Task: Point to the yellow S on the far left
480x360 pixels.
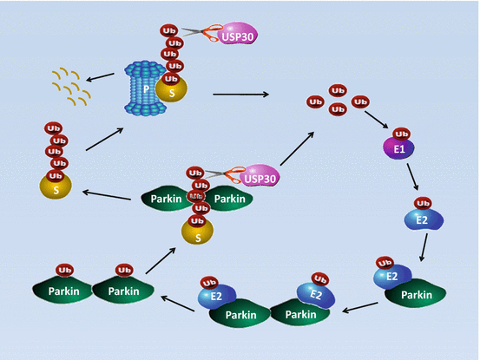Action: (x=56, y=185)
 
